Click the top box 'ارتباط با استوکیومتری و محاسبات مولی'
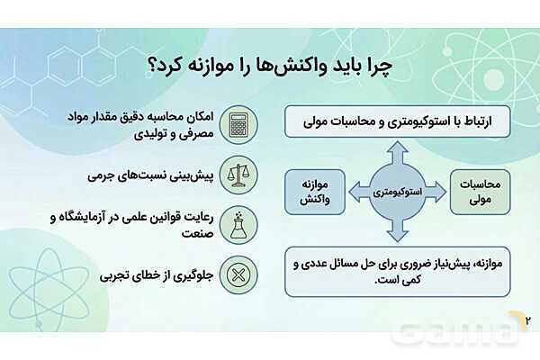[399, 121]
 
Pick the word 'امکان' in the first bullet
[199, 117]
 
